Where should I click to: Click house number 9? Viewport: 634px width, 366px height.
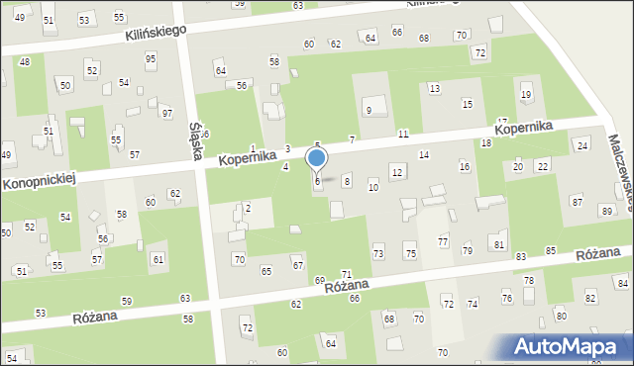pos(369,110)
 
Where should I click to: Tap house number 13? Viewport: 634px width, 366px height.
pos(434,89)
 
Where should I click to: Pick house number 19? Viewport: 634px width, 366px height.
pos(526,94)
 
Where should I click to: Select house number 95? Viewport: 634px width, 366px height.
pos(151,58)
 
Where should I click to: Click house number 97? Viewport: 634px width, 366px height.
pos(166,114)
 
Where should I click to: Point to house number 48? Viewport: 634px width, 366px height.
pos(25,61)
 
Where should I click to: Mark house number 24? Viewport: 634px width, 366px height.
pos(582,145)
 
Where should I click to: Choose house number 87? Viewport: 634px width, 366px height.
pos(577,202)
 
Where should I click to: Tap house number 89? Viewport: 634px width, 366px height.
pos(606,212)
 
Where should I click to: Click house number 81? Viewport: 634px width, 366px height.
pos(498,244)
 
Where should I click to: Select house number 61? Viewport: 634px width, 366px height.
pos(158,258)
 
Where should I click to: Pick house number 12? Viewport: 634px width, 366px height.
pos(396,173)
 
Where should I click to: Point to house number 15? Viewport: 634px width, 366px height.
pos(467,104)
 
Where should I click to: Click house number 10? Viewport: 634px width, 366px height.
pos(372,187)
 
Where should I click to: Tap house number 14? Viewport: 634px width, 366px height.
pos(423,155)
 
